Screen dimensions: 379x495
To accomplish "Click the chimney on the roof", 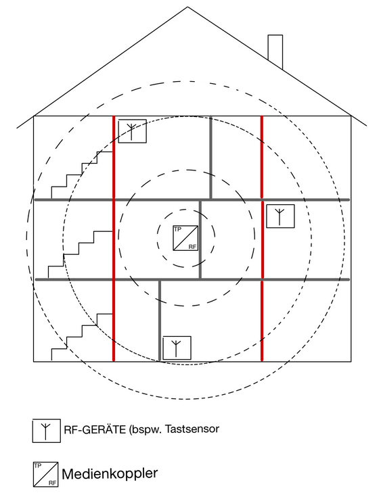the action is pyautogui.click(x=275, y=51).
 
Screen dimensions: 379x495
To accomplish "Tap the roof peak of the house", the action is pyautogui.click(x=187, y=7).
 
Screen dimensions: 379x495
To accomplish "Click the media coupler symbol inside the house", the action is pyautogui.click(x=185, y=238).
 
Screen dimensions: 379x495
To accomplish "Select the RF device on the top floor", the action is pyautogui.click(x=133, y=131).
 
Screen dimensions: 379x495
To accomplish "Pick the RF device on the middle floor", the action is pyautogui.click(x=280, y=216).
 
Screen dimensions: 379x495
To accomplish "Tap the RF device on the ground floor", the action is pyautogui.click(x=177, y=348).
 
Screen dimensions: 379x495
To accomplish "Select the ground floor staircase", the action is pyautogui.click(x=82, y=337).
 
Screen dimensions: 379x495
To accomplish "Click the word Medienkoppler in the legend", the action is pyautogui.click(x=110, y=474).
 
